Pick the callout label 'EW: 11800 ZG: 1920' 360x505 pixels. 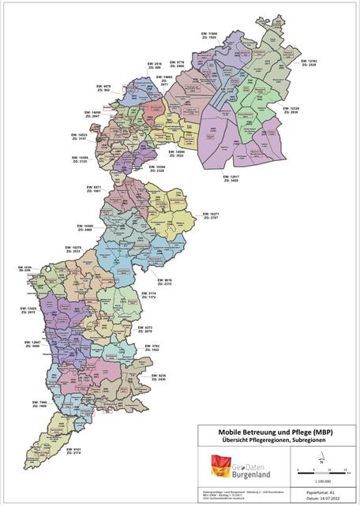[207, 36]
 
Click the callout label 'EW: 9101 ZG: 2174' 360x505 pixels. [73, 452]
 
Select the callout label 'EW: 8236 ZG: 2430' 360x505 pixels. [157, 378]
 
